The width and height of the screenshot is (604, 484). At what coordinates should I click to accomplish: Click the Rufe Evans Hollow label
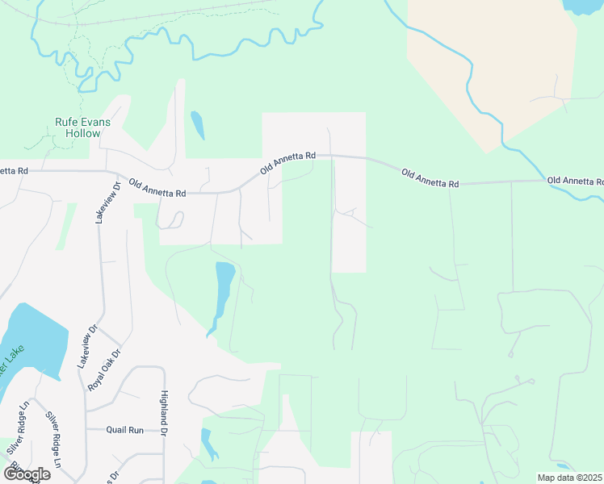[78, 127]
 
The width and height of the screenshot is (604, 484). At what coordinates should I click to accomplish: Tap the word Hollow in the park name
[84, 133]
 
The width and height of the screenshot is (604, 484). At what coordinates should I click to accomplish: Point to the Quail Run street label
[125, 430]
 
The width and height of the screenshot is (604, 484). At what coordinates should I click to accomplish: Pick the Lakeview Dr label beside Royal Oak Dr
[86, 347]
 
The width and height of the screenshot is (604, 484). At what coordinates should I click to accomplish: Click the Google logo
[27, 474]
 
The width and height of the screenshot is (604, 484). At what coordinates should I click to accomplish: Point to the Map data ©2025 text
[568, 478]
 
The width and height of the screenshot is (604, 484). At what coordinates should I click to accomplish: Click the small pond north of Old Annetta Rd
[197, 124]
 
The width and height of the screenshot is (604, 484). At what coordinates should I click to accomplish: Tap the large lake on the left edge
[32, 339]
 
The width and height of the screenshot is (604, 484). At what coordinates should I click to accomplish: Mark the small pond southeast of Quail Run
[208, 444]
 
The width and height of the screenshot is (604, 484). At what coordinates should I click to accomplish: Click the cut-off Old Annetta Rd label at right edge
[575, 181]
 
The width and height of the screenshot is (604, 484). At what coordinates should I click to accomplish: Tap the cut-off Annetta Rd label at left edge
[15, 171]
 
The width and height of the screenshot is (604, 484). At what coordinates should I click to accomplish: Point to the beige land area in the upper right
[493, 65]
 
